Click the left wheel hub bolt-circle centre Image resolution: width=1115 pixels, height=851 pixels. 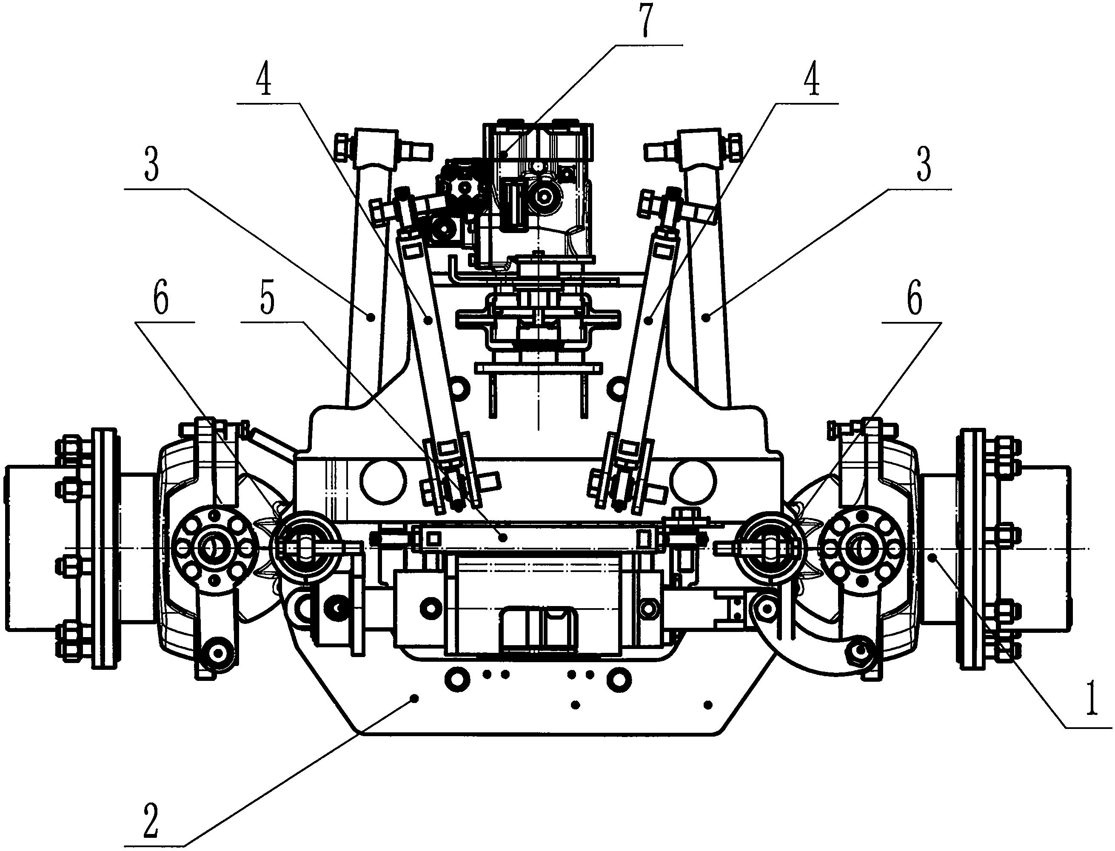pos(213,548)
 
